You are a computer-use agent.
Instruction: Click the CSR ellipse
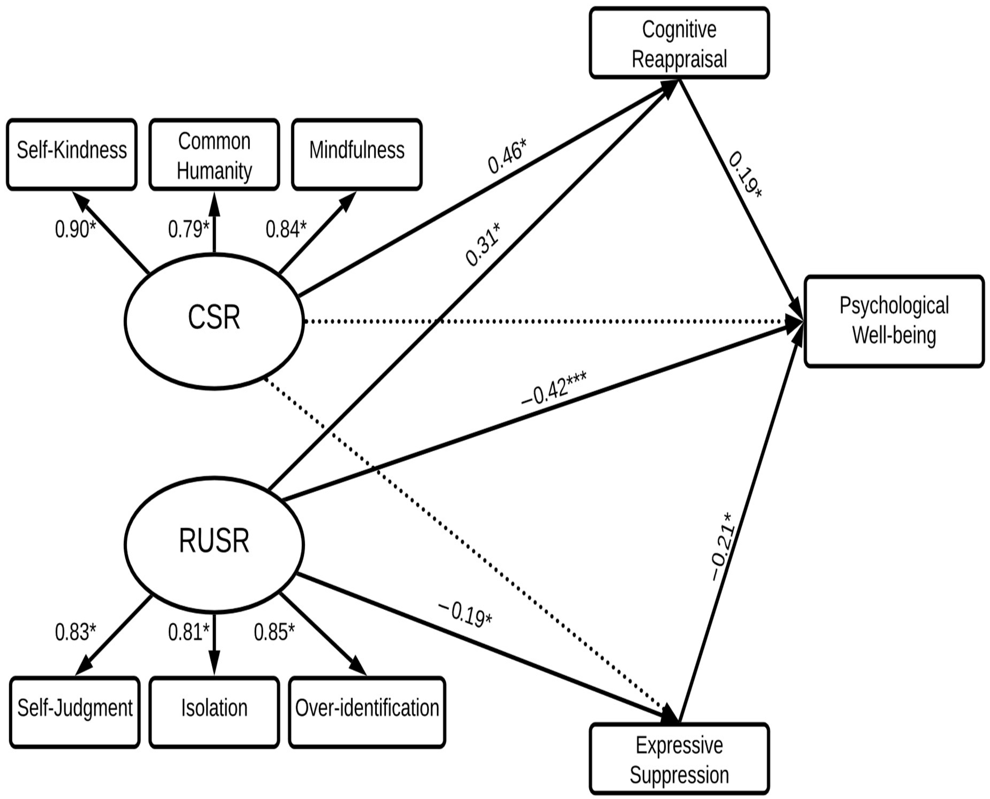coord(214,321)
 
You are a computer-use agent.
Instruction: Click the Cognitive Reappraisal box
coord(679,43)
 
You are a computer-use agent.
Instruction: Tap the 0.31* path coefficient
coord(483,244)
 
